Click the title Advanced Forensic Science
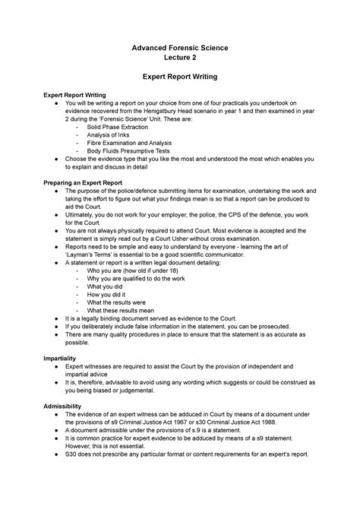[180, 49]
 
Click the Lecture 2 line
[180, 60]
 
